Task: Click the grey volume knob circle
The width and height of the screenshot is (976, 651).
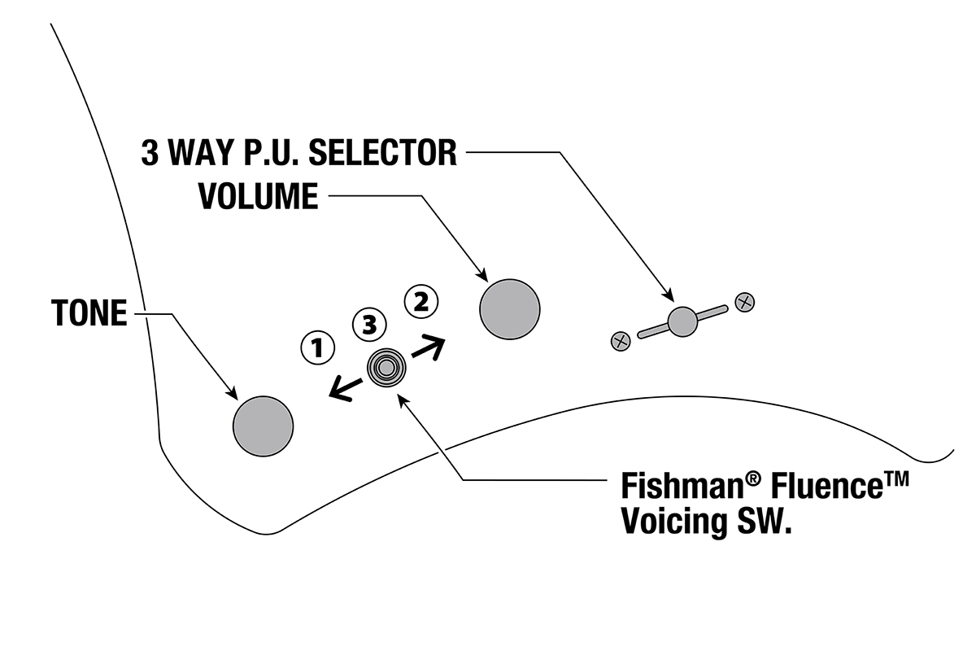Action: coord(510,309)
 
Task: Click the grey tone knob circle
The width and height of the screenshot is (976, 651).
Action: coord(263,426)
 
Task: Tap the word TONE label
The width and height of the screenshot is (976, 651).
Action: coord(89,313)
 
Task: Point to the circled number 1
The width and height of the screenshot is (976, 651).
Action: coord(318,348)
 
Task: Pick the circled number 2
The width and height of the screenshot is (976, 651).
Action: coord(421,302)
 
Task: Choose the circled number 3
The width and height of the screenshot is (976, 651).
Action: coord(369,325)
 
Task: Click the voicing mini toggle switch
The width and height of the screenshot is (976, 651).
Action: coord(386,369)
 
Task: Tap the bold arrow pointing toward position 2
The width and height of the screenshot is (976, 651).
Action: coord(429,348)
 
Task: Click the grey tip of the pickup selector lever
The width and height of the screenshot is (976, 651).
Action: coord(682,321)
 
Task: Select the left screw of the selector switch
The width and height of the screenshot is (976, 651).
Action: coord(621,340)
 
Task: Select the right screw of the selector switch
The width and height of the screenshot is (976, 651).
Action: coord(744,302)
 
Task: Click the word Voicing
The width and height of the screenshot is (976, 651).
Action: coord(672,521)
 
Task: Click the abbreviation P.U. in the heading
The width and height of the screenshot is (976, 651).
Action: coord(268,152)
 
